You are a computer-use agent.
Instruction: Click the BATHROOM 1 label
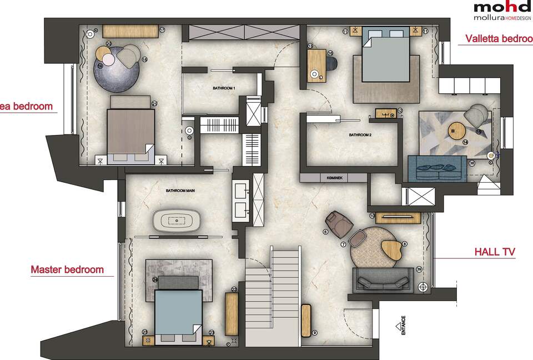224,88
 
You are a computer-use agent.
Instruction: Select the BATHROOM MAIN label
180,191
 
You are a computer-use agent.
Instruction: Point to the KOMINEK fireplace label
333,178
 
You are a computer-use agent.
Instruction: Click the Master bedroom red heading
67,270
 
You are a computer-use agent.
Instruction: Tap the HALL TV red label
495,252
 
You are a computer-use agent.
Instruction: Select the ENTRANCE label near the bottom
404,326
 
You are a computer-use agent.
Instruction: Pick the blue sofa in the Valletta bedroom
436,168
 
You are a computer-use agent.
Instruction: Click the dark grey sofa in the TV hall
383,279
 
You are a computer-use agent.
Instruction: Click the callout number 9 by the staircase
314,333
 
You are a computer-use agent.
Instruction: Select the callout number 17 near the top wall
162,30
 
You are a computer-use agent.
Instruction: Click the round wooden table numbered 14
459,131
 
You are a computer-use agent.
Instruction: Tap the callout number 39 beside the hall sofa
419,269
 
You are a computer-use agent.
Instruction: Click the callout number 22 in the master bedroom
234,289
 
